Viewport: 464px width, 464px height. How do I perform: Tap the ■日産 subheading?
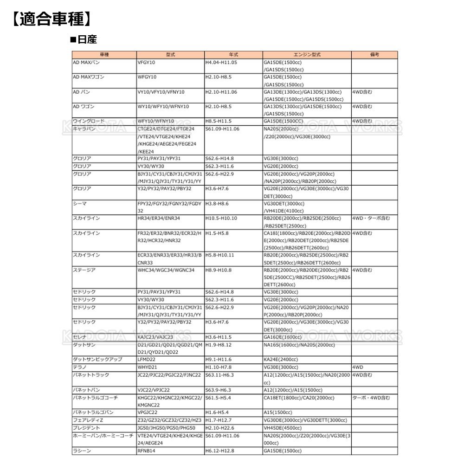(x=83, y=40)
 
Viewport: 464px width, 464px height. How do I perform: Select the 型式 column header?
(x=170, y=54)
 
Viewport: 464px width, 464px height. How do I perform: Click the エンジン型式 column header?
(x=307, y=54)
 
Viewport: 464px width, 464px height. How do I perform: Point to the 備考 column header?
(x=374, y=54)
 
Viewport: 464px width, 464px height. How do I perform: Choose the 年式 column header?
(x=233, y=54)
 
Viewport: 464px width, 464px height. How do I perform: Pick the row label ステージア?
(x=84, y=270)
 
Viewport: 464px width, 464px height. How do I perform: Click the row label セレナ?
(x=80, y=337)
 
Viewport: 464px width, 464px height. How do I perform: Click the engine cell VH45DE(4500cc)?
(x=284, y=427)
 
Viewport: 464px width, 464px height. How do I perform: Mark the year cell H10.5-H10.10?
(x=221, y=218)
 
